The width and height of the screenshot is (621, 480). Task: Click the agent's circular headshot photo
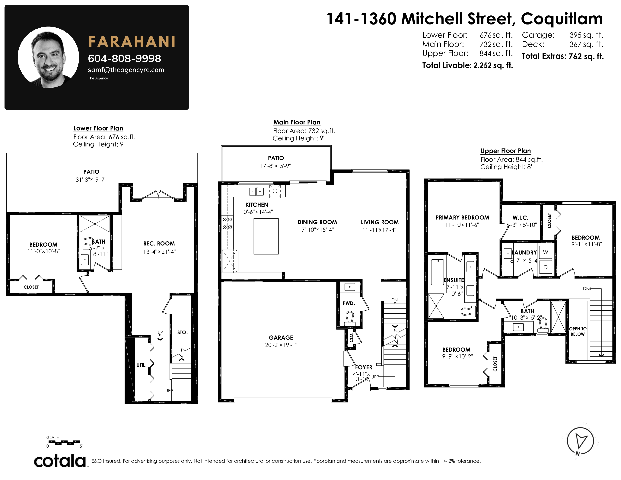pos(48,57)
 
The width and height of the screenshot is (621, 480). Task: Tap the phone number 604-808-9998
pos(125,58)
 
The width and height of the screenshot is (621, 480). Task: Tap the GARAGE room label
pos(281,338)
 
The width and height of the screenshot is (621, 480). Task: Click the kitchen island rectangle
pos(266,236)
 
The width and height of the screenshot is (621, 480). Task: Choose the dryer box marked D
pos(545,267)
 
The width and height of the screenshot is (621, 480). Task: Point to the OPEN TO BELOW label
pos(578,331)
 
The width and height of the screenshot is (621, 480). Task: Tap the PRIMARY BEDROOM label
pos(462,218)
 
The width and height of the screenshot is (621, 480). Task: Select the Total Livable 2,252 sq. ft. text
pos(467,65)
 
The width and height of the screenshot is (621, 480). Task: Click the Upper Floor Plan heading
pos(506,151)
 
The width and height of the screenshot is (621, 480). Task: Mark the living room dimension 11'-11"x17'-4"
pos(379,230)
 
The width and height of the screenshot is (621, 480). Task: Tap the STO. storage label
pos(183,332)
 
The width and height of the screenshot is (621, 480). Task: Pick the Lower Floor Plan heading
pos(98,128)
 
